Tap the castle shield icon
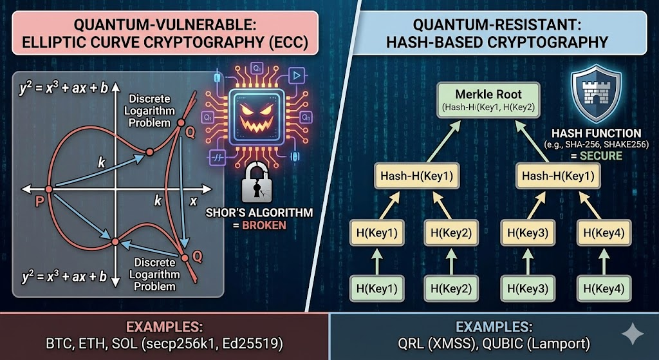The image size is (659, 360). pos(596,94)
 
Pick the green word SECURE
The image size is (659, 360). pos(599,156)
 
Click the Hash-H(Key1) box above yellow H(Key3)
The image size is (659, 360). pos(557,176)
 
